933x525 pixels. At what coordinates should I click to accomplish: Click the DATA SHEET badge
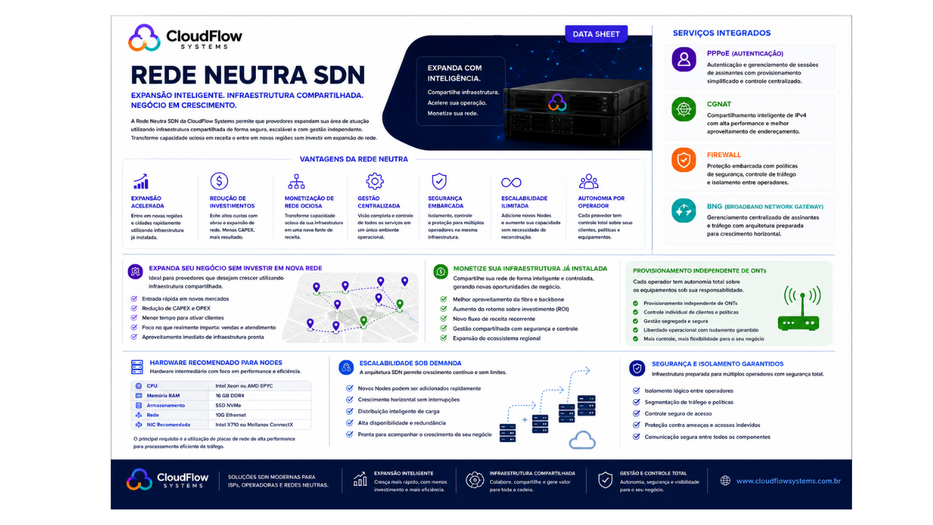pos(596,34)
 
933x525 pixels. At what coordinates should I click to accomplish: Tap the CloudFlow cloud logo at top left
pos(144,38)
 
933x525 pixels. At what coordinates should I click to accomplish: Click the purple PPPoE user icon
pos(684,60)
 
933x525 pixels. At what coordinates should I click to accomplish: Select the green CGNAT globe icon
pos(684,109)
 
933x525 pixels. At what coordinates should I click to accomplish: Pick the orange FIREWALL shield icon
pos(684,159)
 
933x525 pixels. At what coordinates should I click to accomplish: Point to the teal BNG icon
pos(684,211)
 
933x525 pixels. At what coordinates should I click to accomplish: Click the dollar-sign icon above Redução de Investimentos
pos(219,181)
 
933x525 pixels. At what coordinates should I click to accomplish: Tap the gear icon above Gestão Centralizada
pos(374,181)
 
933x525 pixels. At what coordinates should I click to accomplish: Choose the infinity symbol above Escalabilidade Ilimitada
pos(511,183)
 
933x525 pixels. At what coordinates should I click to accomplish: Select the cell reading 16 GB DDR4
pos(229,395)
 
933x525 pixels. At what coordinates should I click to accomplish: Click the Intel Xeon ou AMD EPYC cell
pos(244,386)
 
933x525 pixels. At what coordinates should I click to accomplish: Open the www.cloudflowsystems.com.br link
pos(788,481)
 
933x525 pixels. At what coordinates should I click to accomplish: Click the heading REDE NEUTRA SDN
pos(248,75)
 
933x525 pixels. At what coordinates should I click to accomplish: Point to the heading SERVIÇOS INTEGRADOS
pos(722,33)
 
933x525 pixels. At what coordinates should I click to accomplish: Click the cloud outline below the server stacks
pos(582,440)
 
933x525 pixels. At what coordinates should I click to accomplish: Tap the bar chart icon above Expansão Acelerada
pos(141,181)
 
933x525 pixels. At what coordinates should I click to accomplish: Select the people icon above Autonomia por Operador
pos(588,181)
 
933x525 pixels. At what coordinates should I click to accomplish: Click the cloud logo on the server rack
pos(557,102)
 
